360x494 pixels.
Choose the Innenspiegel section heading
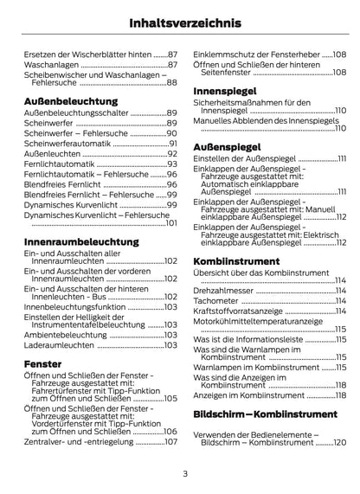(x=223, y=90)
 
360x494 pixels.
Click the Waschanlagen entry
(x=50, y=65)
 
